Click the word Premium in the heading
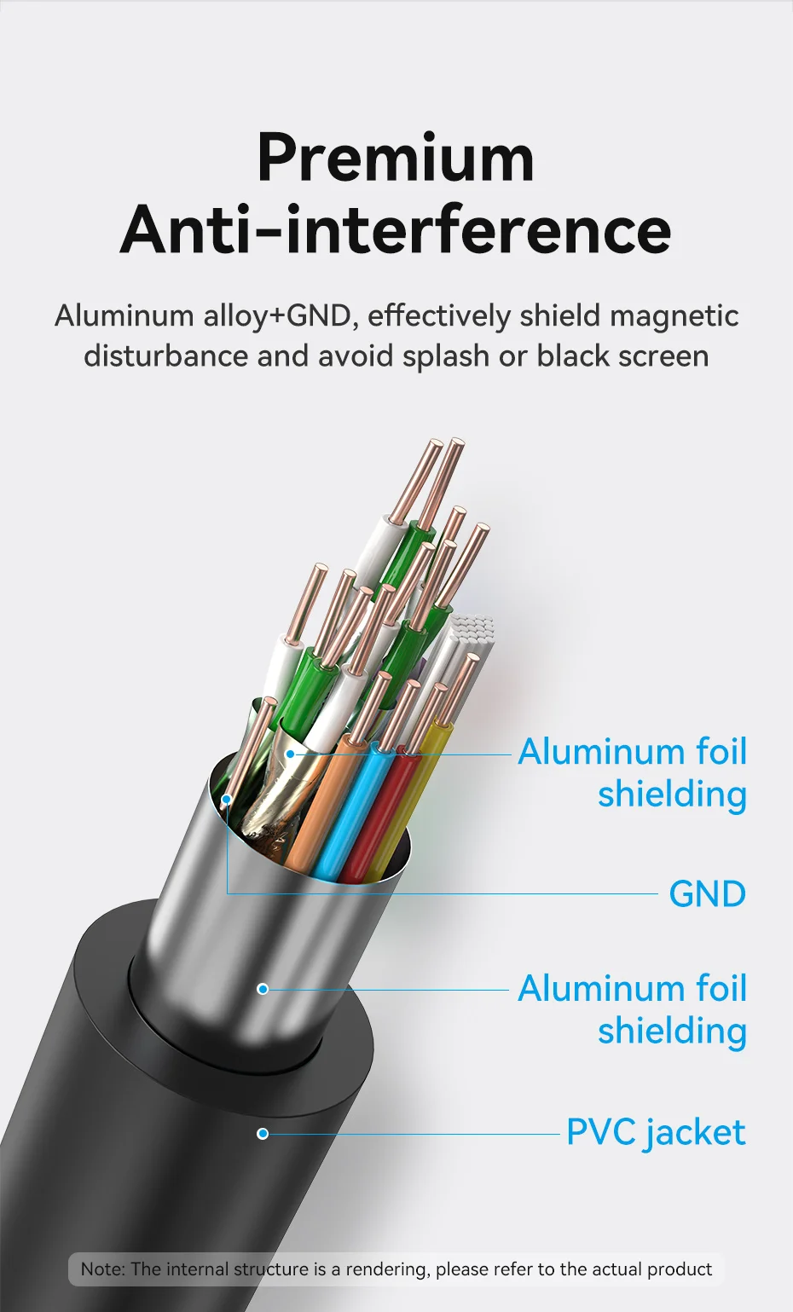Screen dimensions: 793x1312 click(x=396, y=158)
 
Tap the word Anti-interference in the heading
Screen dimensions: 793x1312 click(x=396, y=230)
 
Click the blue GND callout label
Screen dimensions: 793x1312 click(x=707, y=894)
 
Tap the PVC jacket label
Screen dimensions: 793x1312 click(x=656, y=1133)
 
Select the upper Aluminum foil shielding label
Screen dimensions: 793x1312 click(x=632, y=772)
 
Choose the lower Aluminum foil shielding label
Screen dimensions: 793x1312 click(x=632, y=1009)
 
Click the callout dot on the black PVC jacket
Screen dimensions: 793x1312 click(x=263, y=1133)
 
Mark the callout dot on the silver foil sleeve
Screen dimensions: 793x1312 click(x=263, y=989)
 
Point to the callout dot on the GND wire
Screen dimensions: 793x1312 click(x=226, y=800)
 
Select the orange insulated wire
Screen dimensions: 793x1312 click(x=315, y=810)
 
